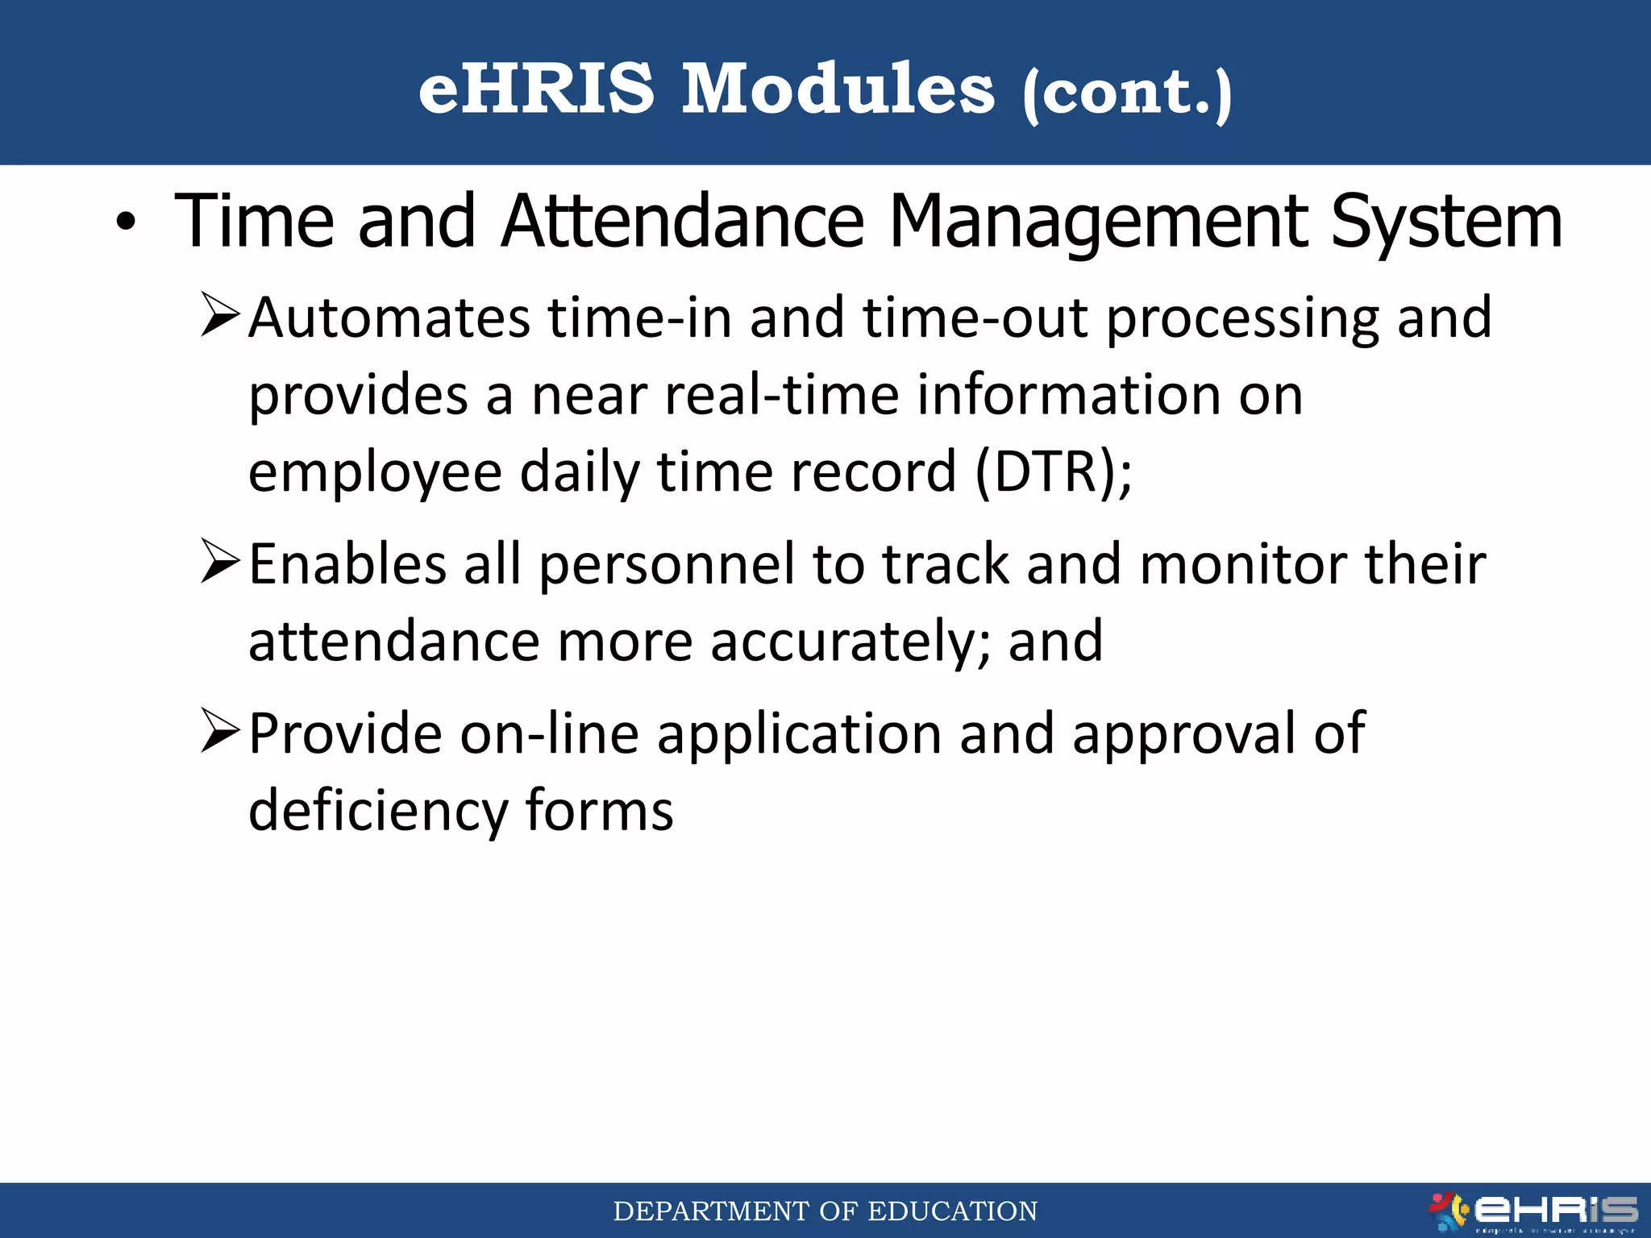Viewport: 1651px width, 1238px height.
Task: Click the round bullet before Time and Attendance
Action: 126,222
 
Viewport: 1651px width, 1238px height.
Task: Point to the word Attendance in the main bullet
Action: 683,222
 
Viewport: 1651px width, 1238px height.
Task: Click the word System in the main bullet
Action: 1446,222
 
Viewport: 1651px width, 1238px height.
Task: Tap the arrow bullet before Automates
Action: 220,316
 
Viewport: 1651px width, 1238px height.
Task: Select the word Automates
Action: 389,318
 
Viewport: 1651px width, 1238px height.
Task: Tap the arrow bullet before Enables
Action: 220,562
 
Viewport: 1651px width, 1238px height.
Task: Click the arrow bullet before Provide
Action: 220,731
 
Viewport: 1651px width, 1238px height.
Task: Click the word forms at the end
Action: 599,811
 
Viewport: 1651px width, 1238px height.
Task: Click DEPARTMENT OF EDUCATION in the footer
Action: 825,1211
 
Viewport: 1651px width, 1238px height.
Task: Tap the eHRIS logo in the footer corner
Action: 1532,1211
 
